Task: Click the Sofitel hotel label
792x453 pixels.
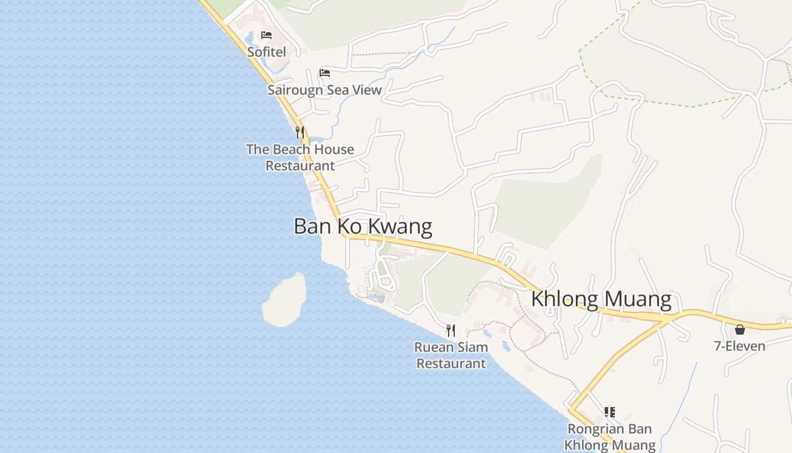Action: pos(266,52)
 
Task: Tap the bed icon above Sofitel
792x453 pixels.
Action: pos(266,35)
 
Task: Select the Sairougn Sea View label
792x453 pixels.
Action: pos(324,90)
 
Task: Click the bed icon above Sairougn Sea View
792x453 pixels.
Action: pos(325,72)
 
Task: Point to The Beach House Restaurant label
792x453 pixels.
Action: pos(300,157)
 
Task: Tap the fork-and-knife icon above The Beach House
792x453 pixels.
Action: pos(300,133)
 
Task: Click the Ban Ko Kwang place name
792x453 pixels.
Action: pos(363,226)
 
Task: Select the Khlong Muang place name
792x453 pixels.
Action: pos(601,299)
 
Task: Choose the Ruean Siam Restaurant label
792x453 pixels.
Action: pos(451,355)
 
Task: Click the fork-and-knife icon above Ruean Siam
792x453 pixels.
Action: pos(451,330)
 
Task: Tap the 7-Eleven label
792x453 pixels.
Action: pos(739,346)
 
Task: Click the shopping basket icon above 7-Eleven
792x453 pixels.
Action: pos(739,330)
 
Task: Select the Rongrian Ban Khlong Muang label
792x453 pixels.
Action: pos(610,437)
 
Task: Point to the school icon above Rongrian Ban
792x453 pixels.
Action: pos(609,412)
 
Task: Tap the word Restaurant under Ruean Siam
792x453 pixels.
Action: pos(451,364)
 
